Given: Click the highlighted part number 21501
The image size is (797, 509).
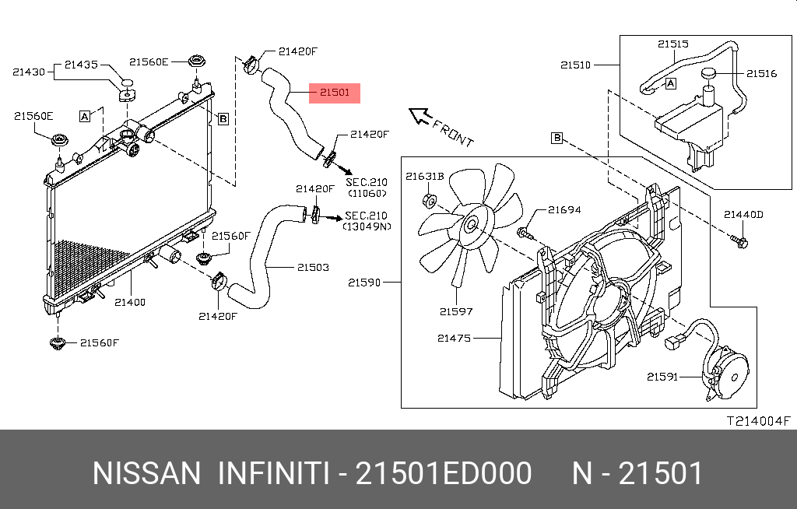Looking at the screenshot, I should pos(335,93).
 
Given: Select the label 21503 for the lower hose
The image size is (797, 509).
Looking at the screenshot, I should pos(312,267).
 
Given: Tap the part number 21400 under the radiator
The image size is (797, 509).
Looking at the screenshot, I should pos(130,302).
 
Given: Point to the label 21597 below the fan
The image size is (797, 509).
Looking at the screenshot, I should pos(455,311).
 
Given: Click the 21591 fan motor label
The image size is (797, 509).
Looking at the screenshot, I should pos(662,377).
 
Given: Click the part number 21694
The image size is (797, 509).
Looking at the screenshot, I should pos(564,209).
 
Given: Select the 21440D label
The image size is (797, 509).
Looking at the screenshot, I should pos(743,214).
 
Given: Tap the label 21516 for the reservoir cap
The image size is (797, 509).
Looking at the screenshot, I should pos(762,73).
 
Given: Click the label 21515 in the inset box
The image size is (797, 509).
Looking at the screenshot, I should pos(673,44).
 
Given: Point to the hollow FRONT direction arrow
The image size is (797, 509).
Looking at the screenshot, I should pos(421,117).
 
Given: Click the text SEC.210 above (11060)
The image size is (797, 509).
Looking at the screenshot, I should pos(367,181).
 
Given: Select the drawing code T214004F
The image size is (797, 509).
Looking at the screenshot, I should pos(758,421).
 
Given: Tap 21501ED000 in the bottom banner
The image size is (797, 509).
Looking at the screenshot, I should pos(444,473).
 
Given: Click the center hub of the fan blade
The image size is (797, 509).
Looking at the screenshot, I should pos(469,226).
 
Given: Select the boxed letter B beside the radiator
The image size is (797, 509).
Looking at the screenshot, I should pos(223,119).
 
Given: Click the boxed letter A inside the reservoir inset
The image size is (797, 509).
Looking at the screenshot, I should pos(671,82).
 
